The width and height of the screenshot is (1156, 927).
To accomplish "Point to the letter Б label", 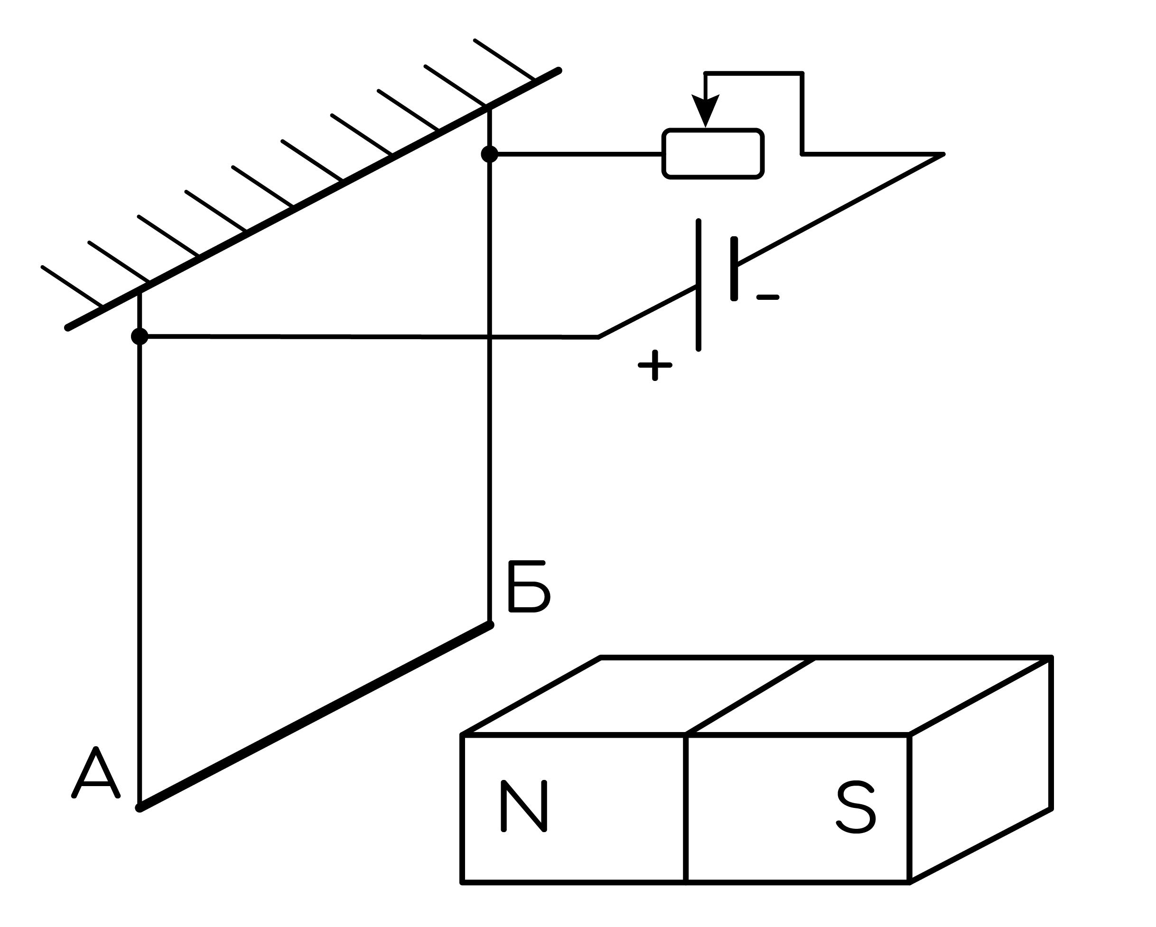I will point(529,586).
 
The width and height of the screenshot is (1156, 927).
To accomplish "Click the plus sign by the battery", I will point(655,365).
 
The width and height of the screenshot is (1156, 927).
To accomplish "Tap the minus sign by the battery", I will point(768,297).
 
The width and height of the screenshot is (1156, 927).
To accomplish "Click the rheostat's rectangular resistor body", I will point(713,154).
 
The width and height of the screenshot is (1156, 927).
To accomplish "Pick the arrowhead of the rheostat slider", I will point(705,110).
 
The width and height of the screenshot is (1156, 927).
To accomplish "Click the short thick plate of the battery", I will point(734,269).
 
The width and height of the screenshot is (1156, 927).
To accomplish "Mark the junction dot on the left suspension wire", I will point(140,336).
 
